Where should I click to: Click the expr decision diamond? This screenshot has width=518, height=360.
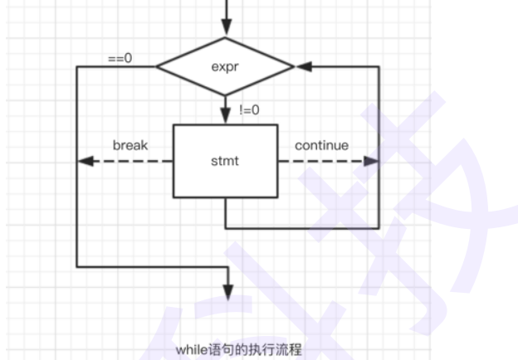click(225, 66)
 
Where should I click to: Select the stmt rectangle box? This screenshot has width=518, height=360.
click(225, 161)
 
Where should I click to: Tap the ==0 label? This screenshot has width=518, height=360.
click(120, 59)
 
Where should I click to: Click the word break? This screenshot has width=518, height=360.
click(130, 145)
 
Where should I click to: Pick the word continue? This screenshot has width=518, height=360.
click(322, 145)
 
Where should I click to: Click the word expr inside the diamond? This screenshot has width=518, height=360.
click(225, 66)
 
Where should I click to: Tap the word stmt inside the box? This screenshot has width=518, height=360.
click(225, 161)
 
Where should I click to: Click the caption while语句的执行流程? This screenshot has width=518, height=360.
click(239, 350)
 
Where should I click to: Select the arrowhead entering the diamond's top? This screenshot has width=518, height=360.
click(225, 31)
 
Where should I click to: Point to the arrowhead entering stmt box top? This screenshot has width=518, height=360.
click(225, 118)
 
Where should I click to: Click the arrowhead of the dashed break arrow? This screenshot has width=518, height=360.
click(83, 161)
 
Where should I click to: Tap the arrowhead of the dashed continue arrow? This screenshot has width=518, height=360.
click(372, 161)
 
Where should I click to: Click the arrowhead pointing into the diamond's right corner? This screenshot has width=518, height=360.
click(302, 66)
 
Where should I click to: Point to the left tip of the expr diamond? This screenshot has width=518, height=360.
click(157, 66)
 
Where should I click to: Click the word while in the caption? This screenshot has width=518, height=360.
click(188, 350)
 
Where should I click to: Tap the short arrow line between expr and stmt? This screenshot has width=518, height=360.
click(225, 106)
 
